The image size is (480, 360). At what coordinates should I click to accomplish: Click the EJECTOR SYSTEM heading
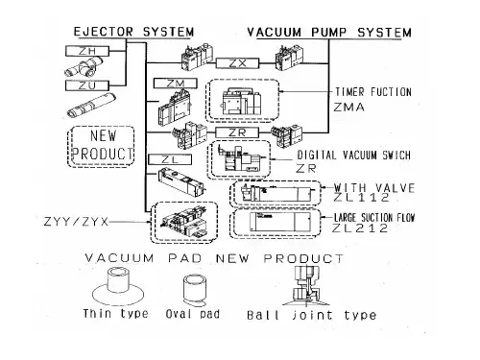pos(133,32)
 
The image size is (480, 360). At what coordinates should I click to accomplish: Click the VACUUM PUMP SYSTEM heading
pos(329,33)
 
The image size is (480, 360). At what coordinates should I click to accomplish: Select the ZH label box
pos(87,51)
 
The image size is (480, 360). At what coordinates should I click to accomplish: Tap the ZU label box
pos(87,85)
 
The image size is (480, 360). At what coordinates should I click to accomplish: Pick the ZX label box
pos(237,63)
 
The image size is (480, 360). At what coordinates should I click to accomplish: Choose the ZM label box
pos(176,84)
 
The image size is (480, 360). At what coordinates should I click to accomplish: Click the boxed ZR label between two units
pos(237,132)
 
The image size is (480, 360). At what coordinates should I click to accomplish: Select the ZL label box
pos(170,159)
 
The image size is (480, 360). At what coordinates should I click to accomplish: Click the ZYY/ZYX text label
pos(76,222)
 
